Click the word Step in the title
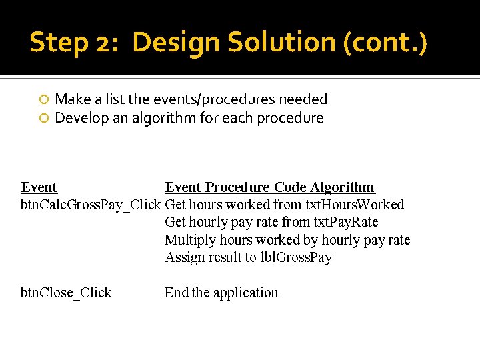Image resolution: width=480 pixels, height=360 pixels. click(x=57, y=43)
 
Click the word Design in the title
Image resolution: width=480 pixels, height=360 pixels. click(x=176, y=43)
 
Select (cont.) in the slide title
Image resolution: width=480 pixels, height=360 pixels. click(x=385, y=43)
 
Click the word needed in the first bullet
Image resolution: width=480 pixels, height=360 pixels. click(x=303, y=99)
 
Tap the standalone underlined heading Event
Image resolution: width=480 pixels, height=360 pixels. click(x=39, y=187)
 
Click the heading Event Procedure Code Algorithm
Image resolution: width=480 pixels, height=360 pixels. click(x=269, y=187)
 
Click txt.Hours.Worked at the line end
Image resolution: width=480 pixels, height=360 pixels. click(x=354, y=205)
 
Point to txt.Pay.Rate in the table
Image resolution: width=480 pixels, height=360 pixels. click(x=346, y=222)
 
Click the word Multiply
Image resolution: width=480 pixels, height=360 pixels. click(x=188, y=240)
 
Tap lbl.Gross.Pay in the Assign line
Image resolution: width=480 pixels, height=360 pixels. click(x=297, y=257)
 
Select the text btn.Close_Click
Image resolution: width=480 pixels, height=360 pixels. click(x=66, y=293)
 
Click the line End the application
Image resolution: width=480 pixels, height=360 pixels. click(x=221, y=293)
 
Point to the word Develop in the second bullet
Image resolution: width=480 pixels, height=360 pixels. click(x=80, y=118)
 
